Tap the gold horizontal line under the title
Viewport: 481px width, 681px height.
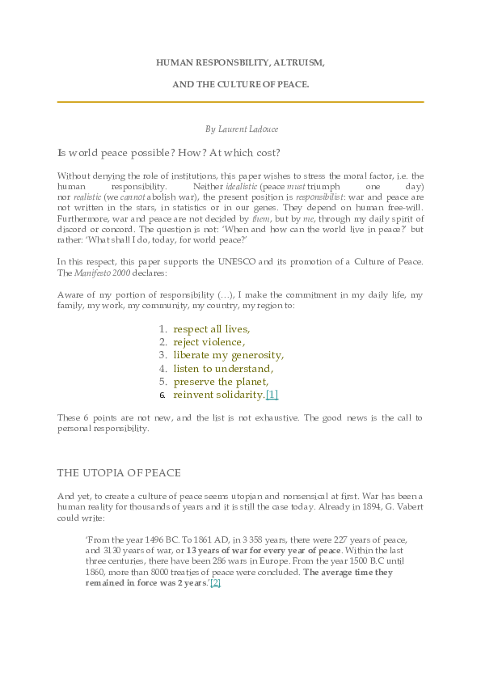tap(240, 102)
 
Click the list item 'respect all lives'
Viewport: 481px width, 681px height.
tap(212, 328)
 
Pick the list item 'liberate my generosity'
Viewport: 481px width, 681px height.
tap(228, 355)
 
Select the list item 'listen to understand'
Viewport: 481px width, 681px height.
tap(223, 368)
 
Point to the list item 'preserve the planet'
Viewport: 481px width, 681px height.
tap(221, 381)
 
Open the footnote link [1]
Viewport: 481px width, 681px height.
tap(272, 395)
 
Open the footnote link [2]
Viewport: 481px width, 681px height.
tap(215, 582)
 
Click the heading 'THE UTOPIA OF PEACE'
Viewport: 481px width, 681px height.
tap(119, 473)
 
